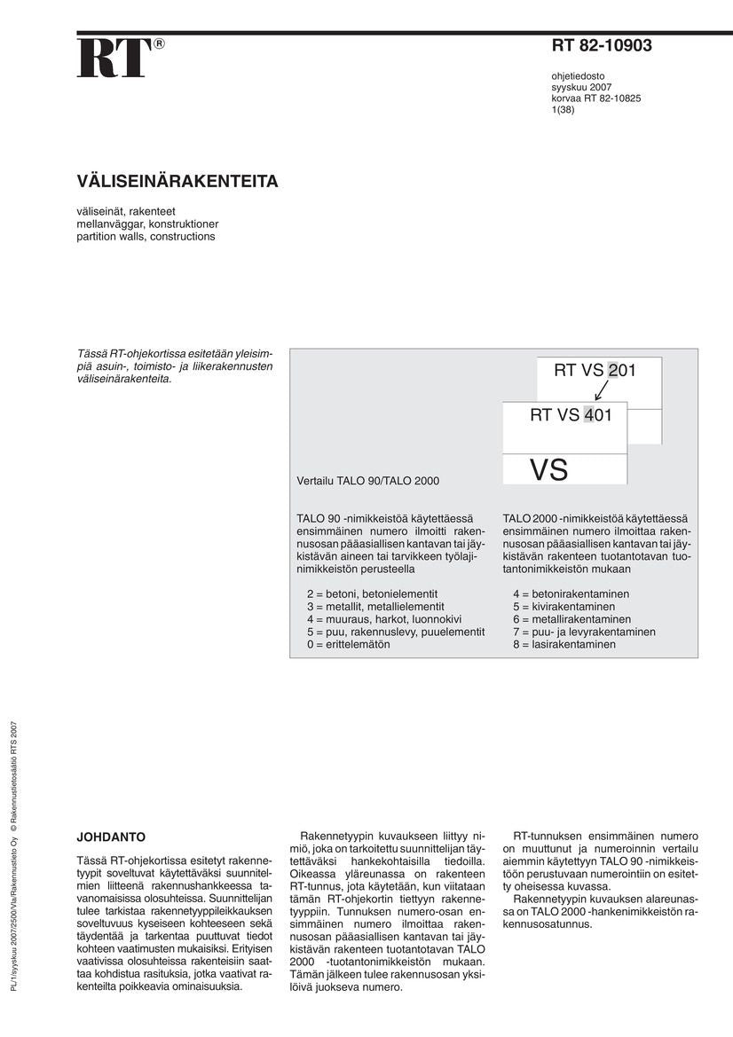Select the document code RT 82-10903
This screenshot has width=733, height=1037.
click(x=602, y=46)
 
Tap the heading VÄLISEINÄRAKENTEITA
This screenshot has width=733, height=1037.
click(x=177, y=182)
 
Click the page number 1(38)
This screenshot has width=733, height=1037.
click(x=563, y=110)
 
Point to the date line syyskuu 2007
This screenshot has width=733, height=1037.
click(x=581, y=87)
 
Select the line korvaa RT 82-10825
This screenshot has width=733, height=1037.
click(x=596, y=98)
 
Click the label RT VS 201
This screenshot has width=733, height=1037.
click(x=595, y=371)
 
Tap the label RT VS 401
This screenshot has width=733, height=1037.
click(x=571, y=414)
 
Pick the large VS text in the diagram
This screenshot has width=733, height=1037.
click(x=548, y=469)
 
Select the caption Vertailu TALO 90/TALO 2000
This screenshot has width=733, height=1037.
click(x=367, y=481)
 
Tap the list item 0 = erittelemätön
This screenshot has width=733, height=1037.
click(x=348, y=644)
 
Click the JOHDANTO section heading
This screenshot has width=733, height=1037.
click(x=111, y=837)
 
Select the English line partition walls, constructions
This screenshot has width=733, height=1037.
click(x=146, y=237)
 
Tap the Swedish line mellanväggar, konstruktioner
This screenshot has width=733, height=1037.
click(x=147, y=224)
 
